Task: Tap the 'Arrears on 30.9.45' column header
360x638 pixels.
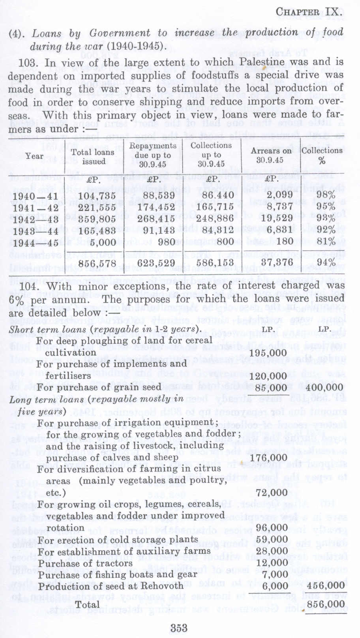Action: coord(271,155)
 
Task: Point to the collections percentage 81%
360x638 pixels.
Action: coord(325,241)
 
